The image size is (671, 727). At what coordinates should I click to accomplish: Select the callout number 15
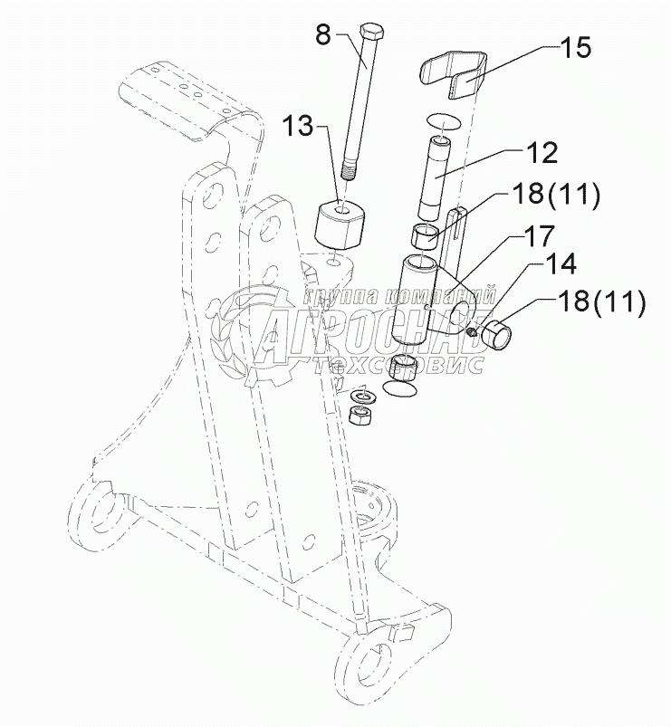(576, 47)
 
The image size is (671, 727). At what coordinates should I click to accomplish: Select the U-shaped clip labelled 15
(454, 74)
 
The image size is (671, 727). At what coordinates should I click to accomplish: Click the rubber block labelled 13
(340, 225)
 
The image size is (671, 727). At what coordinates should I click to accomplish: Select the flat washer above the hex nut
(364, 396)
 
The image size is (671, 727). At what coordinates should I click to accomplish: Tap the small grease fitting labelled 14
(472, 331)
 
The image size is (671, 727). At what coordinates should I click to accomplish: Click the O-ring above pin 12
(443, 122)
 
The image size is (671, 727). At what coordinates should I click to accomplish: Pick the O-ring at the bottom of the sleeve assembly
(399, 388)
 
